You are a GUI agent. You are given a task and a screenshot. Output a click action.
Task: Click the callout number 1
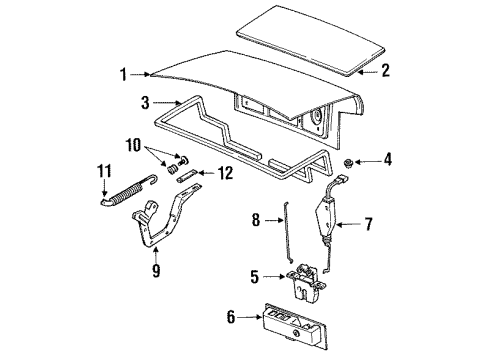click(x=123, y=73)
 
